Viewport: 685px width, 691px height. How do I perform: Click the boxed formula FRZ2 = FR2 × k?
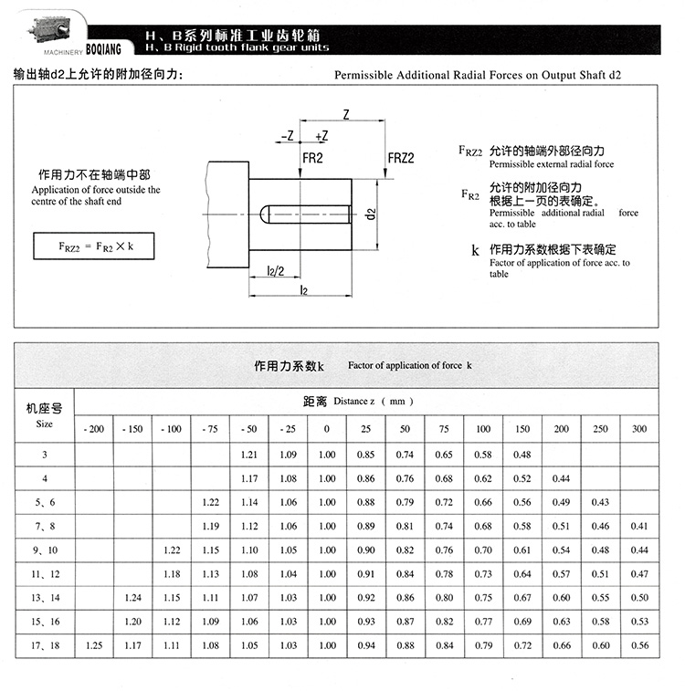(x=91, y=246)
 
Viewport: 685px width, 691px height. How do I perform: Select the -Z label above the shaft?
(x=288, y=136)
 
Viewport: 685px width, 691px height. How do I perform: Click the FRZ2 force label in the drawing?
(x=402, y=157)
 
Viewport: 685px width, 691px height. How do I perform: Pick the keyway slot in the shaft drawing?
(x=305, y=214)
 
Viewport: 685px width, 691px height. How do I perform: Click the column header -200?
(x=93, y=429)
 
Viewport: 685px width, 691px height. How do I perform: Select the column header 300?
(x=638, y=429)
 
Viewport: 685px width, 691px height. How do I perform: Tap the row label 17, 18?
(x=44, y=644)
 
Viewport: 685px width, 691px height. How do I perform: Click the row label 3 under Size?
(x=44, y=454)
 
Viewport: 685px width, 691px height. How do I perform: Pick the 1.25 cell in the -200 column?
(x=93, y=644)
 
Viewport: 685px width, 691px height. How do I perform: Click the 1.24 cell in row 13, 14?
(x=132, y=597)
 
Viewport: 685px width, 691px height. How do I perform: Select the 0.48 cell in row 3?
(x=522, y=454)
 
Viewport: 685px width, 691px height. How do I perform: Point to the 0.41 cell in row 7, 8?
(x=638, y=526)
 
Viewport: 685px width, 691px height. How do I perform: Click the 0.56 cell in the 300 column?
(x=638, y=644)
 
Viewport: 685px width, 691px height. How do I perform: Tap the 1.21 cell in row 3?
(x=248, y=454)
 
